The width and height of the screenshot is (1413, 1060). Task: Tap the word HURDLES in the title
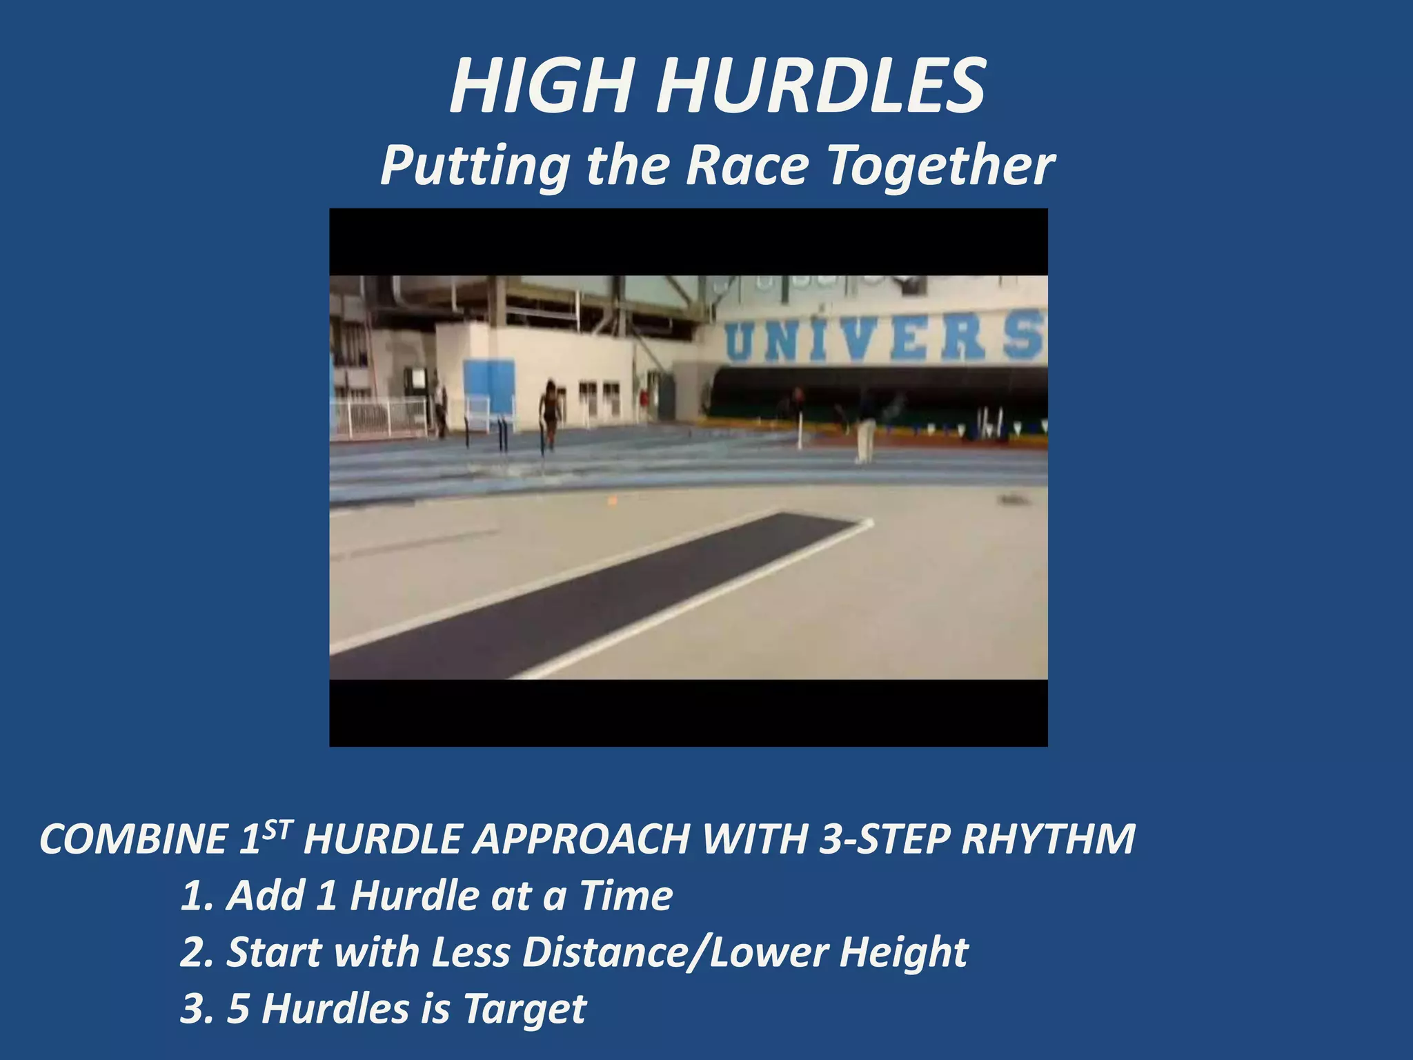pos(820,87)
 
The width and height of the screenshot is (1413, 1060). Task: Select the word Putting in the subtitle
pos(475,166)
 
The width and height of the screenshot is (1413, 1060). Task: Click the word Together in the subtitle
pos(940,166)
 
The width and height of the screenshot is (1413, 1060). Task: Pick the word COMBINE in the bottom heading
pos(132,839)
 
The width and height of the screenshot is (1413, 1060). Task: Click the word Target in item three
pos(524,1009)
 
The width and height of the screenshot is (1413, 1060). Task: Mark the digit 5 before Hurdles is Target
pos(238,1009)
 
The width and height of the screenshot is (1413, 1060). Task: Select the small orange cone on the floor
pos(612,500)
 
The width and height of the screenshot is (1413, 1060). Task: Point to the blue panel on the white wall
pos(489,386)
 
